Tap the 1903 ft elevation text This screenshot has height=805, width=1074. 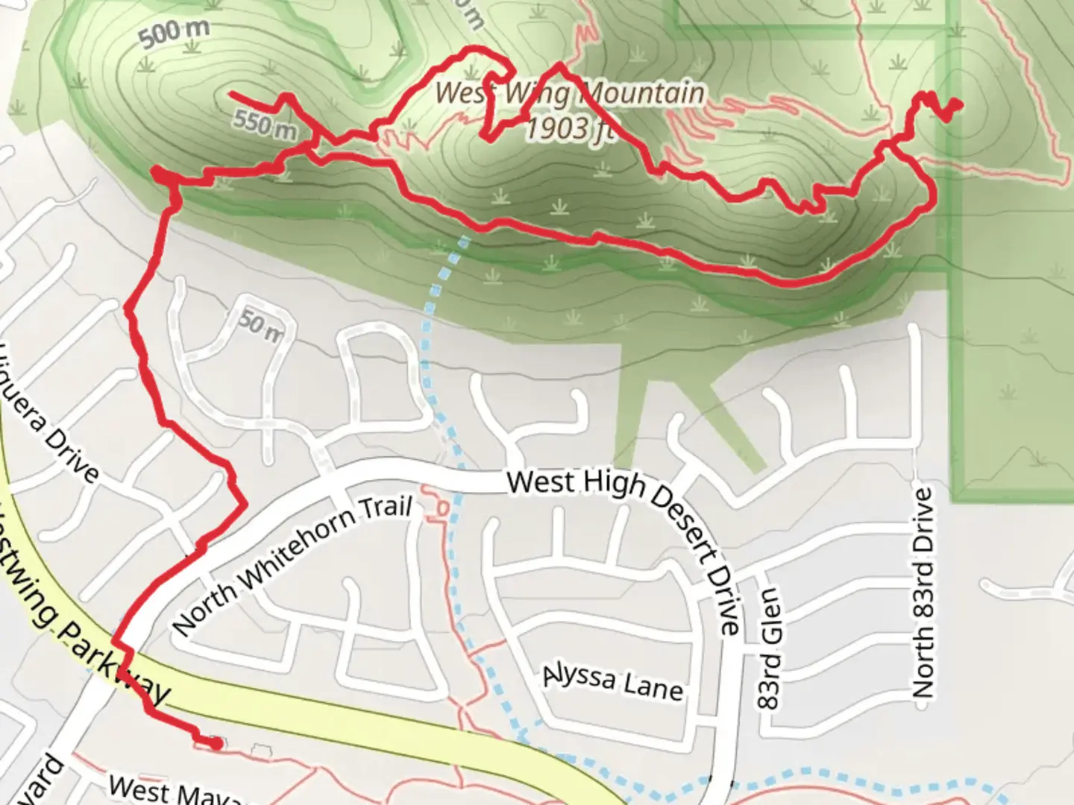coord(570,128)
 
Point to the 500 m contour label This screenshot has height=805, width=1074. coord(174,34)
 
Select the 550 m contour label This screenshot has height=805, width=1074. coord(264,123)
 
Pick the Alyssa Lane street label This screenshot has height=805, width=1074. coord(612,681)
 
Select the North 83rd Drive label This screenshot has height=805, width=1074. coord(923,593)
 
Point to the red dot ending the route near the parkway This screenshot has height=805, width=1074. coord(216,743)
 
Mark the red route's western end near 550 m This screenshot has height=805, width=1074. coord(230,94)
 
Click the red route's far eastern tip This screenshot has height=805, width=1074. coord(955,105)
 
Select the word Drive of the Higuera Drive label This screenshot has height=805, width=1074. coord(72,452)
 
